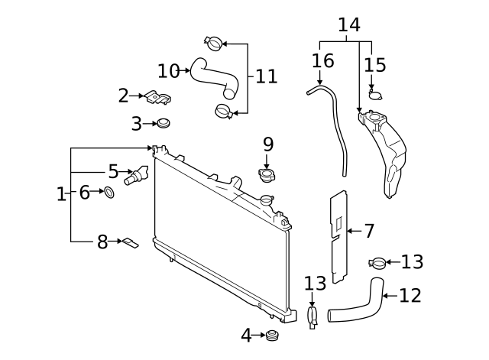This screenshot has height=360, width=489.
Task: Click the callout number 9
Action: coord(267,144)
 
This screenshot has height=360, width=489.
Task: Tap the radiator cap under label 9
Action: coord(267,177)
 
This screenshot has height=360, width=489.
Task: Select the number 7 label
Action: coord(368,230)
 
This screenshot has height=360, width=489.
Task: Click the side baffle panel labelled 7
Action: coord(337,238)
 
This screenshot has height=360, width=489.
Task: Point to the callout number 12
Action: coord(410,295)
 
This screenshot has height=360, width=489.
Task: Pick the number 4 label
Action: coord(246,335)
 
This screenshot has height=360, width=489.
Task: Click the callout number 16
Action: coord(323,60)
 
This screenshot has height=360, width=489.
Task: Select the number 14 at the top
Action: coord(348,25)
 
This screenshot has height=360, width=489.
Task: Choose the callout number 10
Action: coord(168,71)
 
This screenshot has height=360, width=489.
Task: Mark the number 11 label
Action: coord(265,76)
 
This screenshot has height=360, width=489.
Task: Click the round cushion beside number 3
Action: coord(161,123)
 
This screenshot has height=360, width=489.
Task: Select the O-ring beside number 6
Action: coord(109,193)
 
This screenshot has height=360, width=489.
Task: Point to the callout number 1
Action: coord(61,194)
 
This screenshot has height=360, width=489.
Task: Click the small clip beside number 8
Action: coord(131,243)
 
